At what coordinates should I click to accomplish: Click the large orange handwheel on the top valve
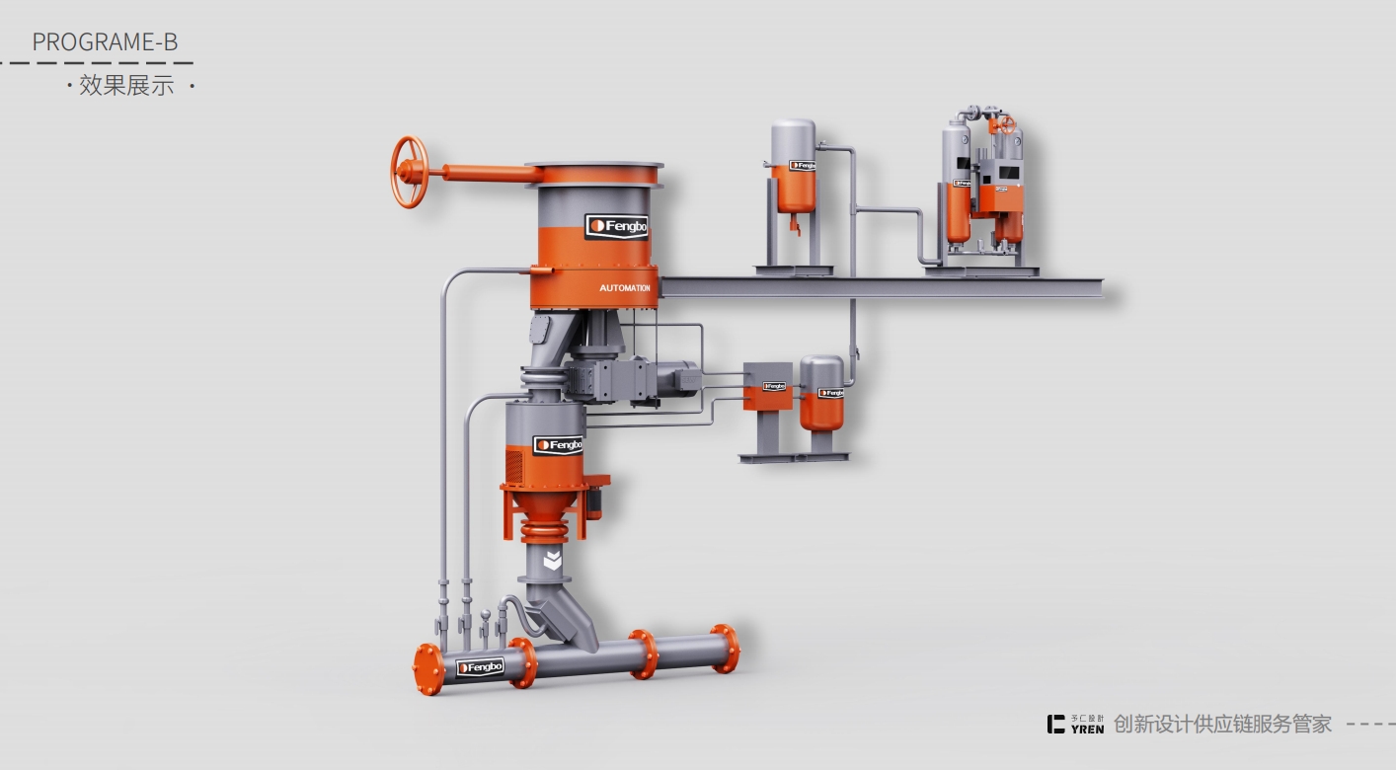[x=409, y=172]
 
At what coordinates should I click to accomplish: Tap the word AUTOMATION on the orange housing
[x=625, y=288]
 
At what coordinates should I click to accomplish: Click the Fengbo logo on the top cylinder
[x=616, y=227]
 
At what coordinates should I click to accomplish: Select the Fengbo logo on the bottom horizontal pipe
[x=481, y=668]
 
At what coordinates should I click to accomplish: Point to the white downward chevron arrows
[x=553, y=561]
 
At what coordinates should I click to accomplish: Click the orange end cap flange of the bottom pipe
[x=427, y=669]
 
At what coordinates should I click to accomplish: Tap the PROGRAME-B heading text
[x=105, y=41]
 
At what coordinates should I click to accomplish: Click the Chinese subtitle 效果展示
[x=126, y=86]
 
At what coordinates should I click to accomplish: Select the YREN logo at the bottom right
[x=1076, y=725]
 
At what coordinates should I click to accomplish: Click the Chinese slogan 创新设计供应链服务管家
[x=1222, y=725]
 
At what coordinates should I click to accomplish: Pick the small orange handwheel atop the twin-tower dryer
[x=1005, y=124]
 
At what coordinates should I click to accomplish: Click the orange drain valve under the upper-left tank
[x=794, y=226]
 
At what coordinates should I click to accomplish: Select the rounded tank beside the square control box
[x=821, y=392]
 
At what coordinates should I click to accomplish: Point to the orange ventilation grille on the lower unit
[x=514, y=463]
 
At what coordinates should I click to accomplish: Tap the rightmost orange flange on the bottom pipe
[x=725, y=649]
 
